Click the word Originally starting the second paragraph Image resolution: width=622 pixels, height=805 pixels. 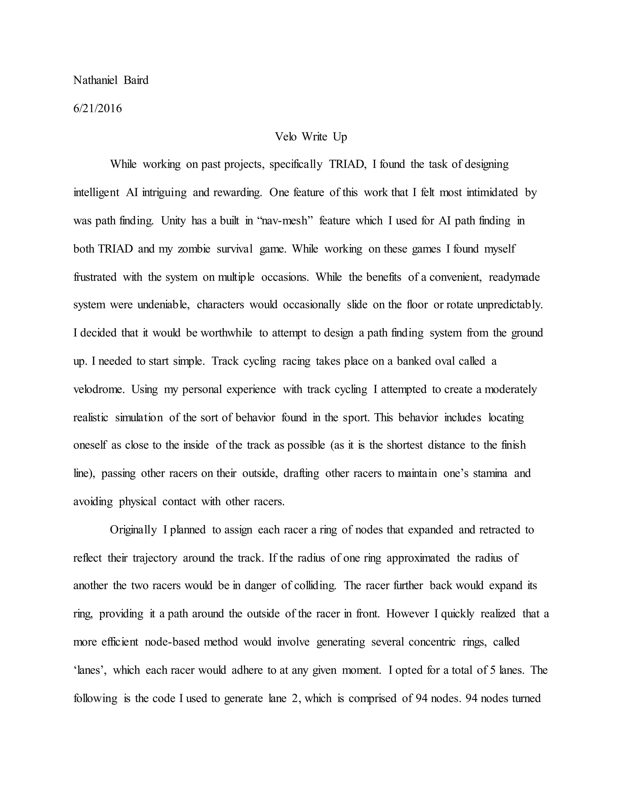(133, 530)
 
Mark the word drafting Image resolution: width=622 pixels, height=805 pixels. (301, 473)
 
